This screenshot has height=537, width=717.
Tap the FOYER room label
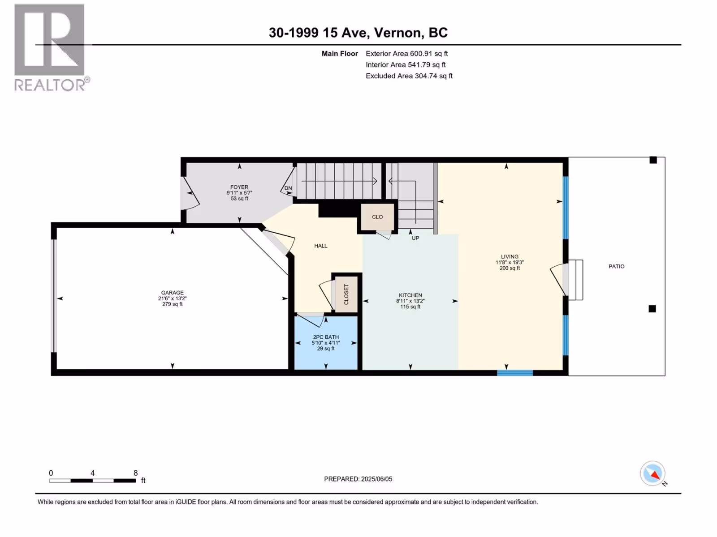(239, 187)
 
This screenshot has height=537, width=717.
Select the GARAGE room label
(173, 293)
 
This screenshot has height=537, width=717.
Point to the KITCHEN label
(410, 295)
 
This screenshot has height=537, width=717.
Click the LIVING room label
(510, 256)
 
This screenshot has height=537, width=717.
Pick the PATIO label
(616, 266)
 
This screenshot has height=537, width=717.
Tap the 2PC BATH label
(326, 337)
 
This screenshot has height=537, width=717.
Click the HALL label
(321, 246)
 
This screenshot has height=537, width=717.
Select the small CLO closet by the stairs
(377, 217)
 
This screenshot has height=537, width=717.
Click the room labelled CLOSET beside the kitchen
(346, 294)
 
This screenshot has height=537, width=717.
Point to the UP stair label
(415, 239)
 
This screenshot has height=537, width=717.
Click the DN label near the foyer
(288, 188)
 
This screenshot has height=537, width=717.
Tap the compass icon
(652, 473)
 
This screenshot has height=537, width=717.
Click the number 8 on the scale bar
(136, 473)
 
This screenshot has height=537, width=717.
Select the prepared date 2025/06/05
(376, 479)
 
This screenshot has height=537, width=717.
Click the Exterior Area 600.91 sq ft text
(407, 53)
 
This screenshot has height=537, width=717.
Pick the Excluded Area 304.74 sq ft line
(409, 76)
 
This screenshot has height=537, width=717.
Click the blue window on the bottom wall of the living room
(515, 373)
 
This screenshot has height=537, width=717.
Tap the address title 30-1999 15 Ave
(320, 33)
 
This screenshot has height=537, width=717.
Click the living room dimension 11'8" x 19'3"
(510, 263)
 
